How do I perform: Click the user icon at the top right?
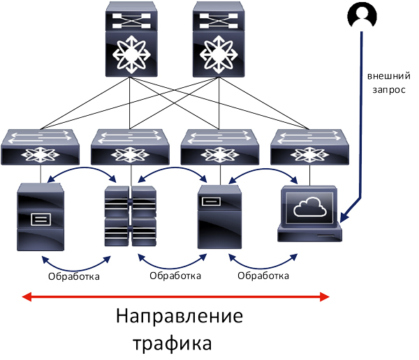coord(362,14)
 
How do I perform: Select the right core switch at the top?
coord(216,40)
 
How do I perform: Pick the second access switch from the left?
coord(131,147)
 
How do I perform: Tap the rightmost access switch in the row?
coord(309,147)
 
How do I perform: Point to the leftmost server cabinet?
coord(40,217)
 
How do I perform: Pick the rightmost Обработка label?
coord(263,276)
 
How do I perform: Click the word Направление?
coord(179,315)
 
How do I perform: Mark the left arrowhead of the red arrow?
coord(25,297)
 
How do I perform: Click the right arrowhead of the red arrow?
coord(325,297)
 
